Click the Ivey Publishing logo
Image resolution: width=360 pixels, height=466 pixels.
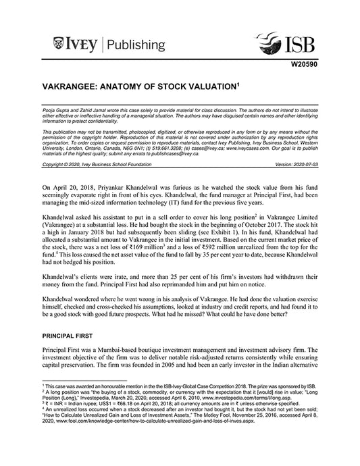tap(109, 45)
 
